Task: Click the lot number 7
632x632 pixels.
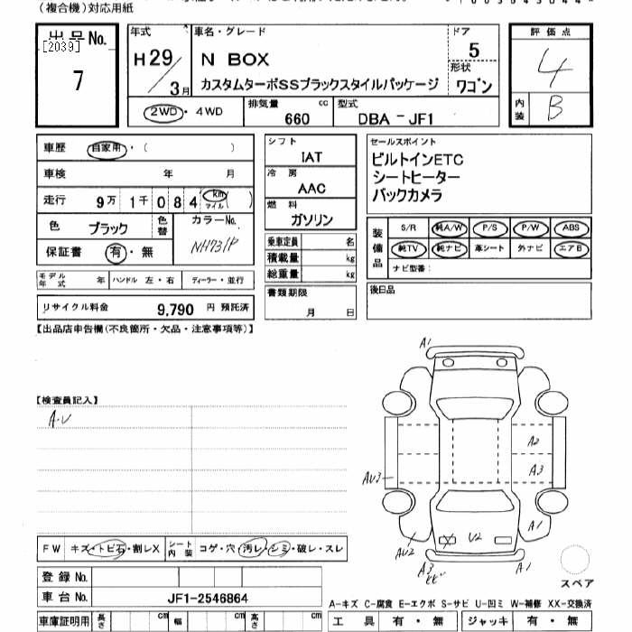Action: point(79,81)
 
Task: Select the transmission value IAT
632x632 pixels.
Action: point(311,156)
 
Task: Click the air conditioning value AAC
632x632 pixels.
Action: point(311,188)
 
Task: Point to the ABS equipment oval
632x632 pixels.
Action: point(571,228)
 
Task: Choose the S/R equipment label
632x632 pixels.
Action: point(408,229)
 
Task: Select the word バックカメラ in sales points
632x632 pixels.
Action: point(407,194)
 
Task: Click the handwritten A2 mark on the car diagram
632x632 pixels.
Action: point(533,441)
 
